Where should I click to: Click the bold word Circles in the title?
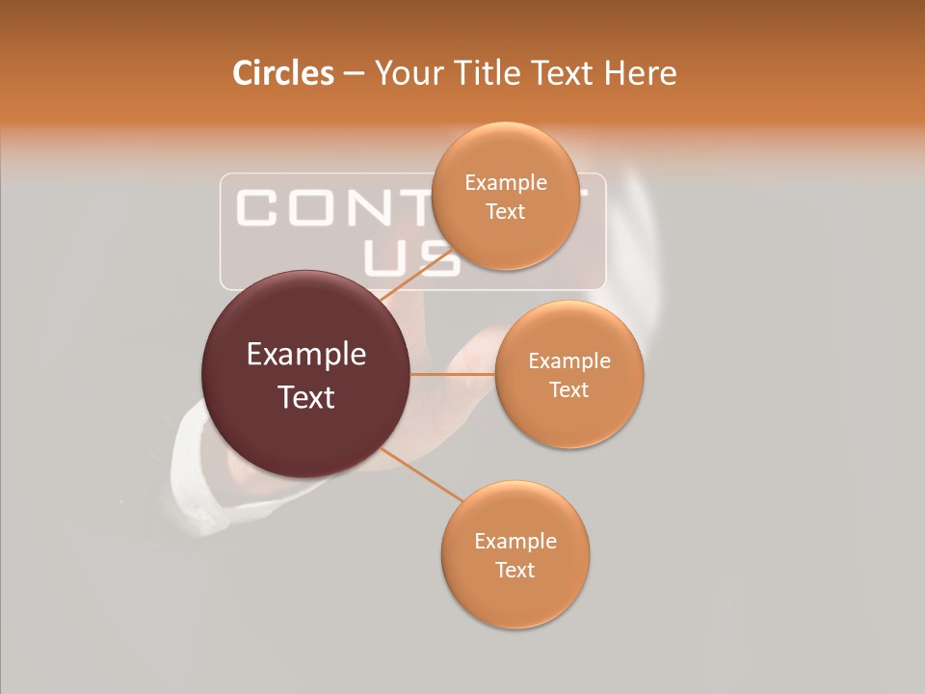[x=283, y=73]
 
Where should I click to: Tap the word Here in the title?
[x=641, y=73]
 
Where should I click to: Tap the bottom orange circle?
[x=515, y=598]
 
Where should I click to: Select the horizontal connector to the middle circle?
[x=453, y=374]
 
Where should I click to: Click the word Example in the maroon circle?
[x=306, y=355]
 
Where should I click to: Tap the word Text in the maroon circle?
[x=306, y=397]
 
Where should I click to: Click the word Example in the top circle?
[x=506, y=182]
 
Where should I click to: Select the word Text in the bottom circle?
[x=515, y=570]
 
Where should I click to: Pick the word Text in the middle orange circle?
[x=569, y=389]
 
